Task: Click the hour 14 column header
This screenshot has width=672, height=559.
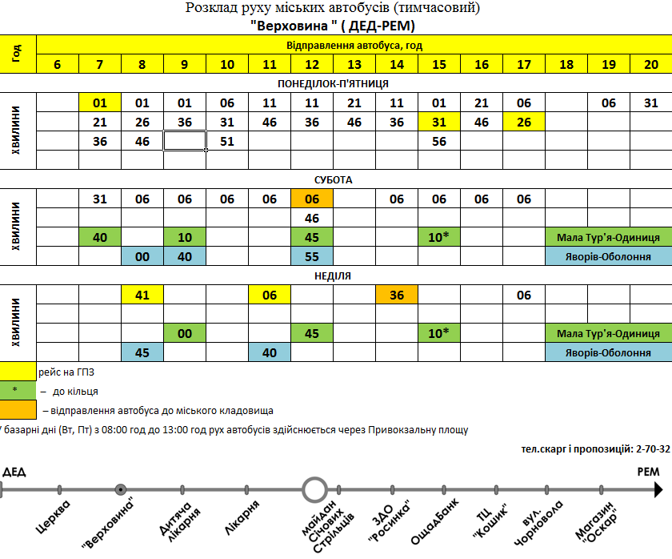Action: (396, 64)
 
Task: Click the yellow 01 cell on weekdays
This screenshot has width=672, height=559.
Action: (100, 103)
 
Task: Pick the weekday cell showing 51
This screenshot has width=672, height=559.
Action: (226, 141)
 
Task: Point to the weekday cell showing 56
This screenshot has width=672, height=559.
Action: (438, 141)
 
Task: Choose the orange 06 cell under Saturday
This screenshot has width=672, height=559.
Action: (311, 199)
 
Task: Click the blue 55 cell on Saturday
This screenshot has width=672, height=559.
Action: (311, 256)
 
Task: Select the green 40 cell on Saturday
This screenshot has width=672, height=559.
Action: (100, 238)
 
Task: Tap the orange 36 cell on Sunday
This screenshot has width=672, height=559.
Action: (396, 296)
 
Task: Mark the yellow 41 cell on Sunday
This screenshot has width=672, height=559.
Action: (142, 296)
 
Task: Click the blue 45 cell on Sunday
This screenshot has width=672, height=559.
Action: (142, 352)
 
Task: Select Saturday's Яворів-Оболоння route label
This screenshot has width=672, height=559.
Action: (608, 256)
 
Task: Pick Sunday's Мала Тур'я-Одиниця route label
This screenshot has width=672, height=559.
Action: (608, 333)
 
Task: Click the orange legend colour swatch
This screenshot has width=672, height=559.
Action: (18, 410)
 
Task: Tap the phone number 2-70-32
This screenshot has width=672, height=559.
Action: (652, 450)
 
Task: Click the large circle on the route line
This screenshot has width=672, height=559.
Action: (314, 489)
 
